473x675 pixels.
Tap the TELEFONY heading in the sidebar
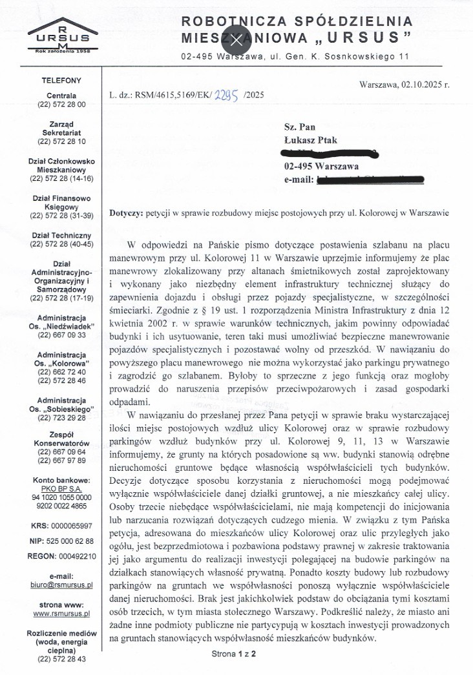tap(61, 81)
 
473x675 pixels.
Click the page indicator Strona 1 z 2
tap(234, 654)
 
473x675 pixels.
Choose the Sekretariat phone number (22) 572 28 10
tap(61, 141)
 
